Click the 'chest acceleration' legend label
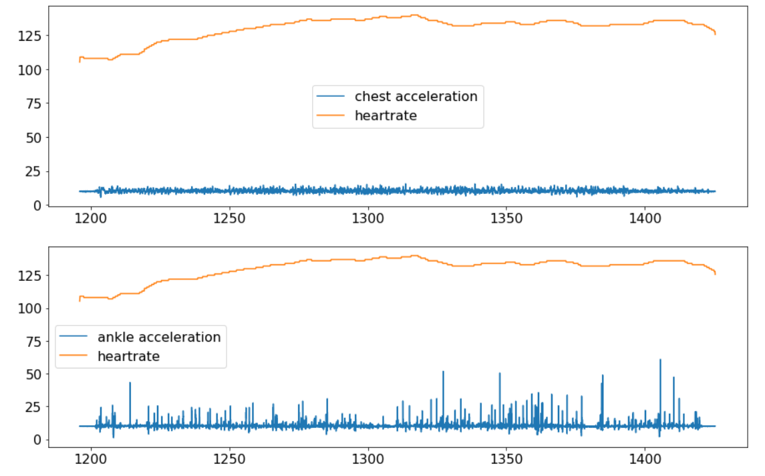[416, 96]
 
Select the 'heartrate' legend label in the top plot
[386, 116]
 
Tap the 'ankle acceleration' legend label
[159, 337]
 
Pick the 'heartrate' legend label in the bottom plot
[128, 356]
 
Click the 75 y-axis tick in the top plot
[32, 104]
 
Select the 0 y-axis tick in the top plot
[36, 205]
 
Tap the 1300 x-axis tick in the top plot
[367, 218]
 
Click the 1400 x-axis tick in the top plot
[644, 218]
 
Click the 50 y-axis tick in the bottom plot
[32, 374]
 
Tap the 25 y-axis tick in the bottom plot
[32, 407]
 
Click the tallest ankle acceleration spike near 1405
[660, 360]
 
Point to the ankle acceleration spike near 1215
[130, 384]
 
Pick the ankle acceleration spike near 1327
[443, 372]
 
